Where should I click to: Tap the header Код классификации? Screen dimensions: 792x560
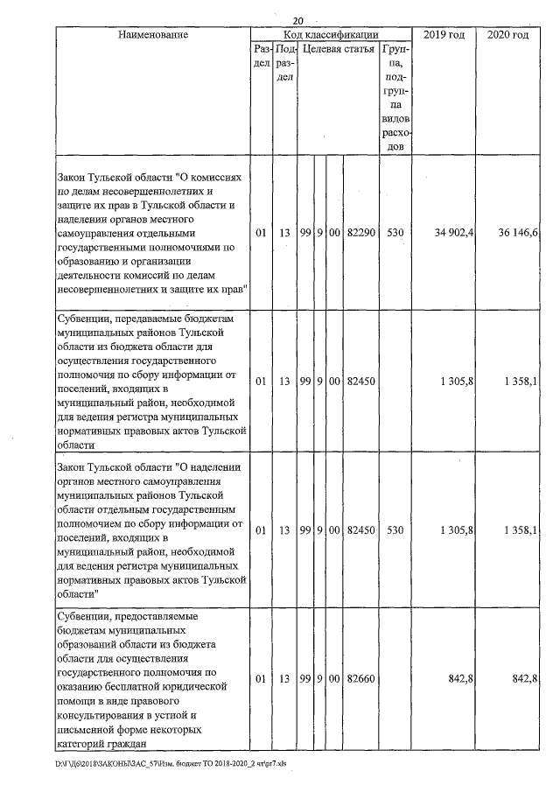click(x=331, y=34)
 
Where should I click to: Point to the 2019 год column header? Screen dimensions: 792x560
click(x=442, y=34)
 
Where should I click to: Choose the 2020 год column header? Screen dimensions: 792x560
click(x=507, y=34)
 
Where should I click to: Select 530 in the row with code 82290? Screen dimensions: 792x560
click(x=395, y=235)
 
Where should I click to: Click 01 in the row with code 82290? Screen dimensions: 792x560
click(x=261, y=235)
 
